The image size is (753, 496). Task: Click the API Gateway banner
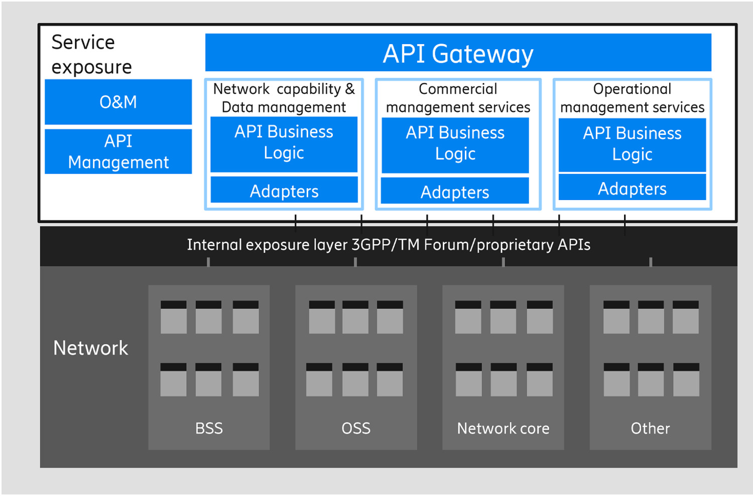pyautogui.click(x=458, y=53)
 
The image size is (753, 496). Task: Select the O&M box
pyautogui.click(x=118, y=102)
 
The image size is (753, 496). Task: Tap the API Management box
pyautogui.click(x=118, y=151)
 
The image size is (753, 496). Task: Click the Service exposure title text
pyautogui.click(x=91, y=54)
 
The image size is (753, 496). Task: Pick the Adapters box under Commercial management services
pyautogui.click(x=455, y=192)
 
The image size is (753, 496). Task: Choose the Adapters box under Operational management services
pyautogui.click(x=632, y=188)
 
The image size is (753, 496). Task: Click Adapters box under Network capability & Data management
pyautogui.click(x=284, y=191)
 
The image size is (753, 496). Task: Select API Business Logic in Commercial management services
pyautogui.click(x=455, y=143)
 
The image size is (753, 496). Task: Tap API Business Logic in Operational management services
pyautogui.click(x=632, y=144)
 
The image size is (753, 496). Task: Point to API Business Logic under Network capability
pyautogui.click(x=284, y=142)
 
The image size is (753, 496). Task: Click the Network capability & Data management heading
pyautogui.click(x=284, y=98)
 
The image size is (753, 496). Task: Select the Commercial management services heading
pyautogui.click(x=458, y=98)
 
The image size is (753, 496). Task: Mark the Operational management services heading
pyautogui.click(x=632, y=98)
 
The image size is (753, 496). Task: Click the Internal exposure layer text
pyautogui.click(x=389, y=245)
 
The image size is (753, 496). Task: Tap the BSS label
pyautogui.click(x=209, y=428)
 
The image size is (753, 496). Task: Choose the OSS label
pyautogui.click(x=356, y=428)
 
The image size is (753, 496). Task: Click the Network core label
pyautogui.click(x=503, y=428)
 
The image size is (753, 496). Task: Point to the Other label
pyautogui.click(x=650, y=428)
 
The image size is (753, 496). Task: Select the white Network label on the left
pyautogui.click(x=91, y=348)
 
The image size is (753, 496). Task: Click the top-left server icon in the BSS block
pyautogui.click(x=174, y=317)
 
